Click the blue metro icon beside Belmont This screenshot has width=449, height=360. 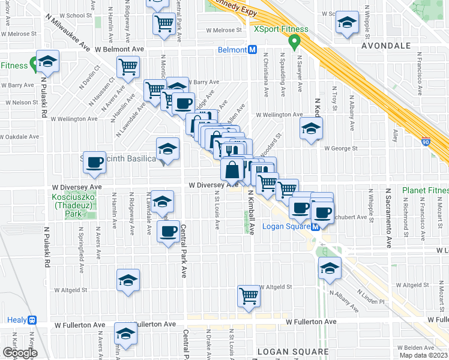[253, 50]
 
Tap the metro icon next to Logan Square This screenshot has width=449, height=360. [315, 226]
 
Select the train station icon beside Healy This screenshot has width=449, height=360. [32, 320]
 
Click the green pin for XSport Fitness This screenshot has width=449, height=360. [294, 42]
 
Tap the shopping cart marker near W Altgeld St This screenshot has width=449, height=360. [249, 296]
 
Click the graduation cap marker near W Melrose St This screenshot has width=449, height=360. [345, 22]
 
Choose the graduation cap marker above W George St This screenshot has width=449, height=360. [311, 128]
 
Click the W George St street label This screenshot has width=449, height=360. [341, 148]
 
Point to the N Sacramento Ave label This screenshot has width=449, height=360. [388, 217]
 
